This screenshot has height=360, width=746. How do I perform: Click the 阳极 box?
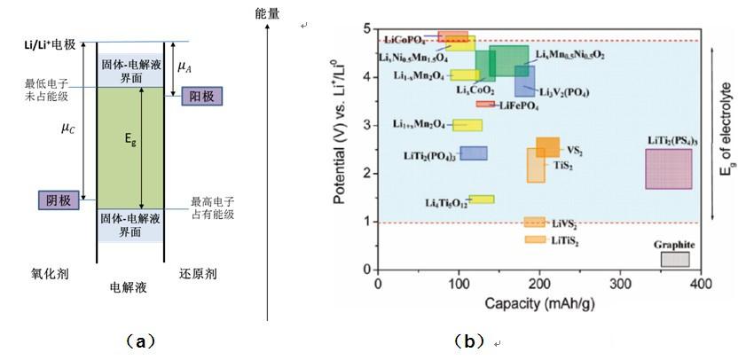click(x=196, y=96)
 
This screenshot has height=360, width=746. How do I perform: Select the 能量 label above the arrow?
click(x=268, y=13)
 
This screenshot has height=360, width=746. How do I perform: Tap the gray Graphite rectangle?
click(x=674, y=259)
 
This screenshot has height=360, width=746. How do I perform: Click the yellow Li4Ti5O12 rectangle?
click(x=481, y=200)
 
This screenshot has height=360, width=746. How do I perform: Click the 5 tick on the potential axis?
click(x=366, y=27)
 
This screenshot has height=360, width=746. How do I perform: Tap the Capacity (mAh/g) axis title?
click(x=538, y=303)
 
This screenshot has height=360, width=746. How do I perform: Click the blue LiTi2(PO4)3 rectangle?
click(x=473, y=153)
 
